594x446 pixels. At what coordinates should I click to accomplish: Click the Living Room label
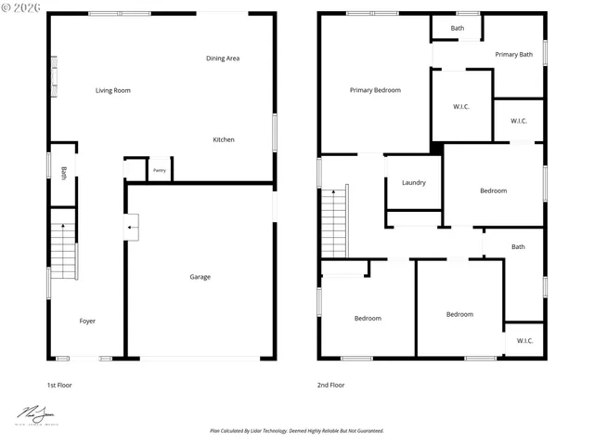point(113,91)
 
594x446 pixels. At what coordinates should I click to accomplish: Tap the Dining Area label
point(223,59)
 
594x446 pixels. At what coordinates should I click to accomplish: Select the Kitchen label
point(224,139)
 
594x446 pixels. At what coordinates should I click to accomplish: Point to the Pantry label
point(160,170)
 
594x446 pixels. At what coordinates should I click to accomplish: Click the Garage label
point(200,277)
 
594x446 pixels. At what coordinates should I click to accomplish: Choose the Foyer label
point(87,321)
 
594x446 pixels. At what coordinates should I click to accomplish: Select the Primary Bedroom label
point(375,90)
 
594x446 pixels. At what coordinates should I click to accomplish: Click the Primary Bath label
point(513,55)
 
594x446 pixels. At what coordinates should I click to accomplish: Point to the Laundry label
point(414,182)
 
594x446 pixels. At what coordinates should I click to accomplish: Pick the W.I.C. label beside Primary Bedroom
point(461,107)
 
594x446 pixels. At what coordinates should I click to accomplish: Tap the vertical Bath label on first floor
point(63,173)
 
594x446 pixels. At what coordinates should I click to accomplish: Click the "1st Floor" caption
point(59,385)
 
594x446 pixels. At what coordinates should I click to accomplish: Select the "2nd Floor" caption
point(330,385)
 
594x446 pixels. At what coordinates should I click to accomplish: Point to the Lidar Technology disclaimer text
point(296,431)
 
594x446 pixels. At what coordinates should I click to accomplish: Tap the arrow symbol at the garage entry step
point(132,225)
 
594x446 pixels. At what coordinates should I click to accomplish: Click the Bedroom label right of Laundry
point(493,191)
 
